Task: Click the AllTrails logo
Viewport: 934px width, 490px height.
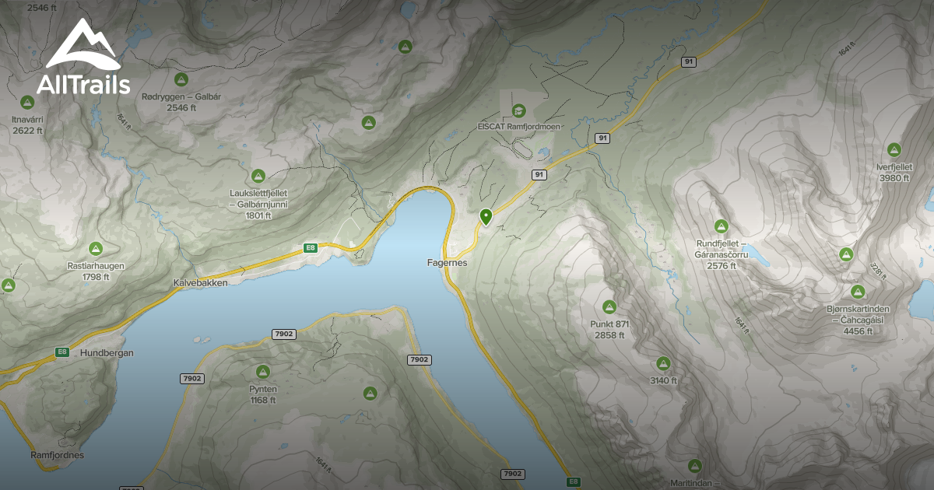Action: pyautogui.click(x=82, y=58)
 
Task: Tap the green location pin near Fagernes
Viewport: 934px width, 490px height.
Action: pyautogui.click(x=486, y=216)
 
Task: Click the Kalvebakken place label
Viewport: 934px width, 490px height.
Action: pyautogui.click(x=201, y=284)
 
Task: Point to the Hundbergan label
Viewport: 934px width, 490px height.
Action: pyautogui.click(x=107, y=352)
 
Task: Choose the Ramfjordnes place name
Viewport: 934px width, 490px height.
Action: pyautogui.click(x=57, y=455)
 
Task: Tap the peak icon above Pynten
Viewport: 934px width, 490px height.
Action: pyautogui.click(x=263, y=372)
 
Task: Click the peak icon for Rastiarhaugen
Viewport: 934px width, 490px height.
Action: pyautogui.click(x=96, y=249)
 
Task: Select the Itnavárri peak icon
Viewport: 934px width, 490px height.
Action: pyautogui.click(x=27, y=102)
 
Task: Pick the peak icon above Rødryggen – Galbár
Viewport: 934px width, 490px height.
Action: pyautogui.click(x=181, y=79)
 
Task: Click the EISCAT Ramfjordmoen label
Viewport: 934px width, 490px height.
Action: pyautogui.click(x=519, y=126)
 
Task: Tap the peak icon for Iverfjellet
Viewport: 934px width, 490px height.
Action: pyautogui.click(x=894, y=149)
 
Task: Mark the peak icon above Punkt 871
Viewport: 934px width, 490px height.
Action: pyautogui.click(x=609, y=307)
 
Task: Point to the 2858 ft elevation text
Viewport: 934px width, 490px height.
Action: pyautogui.click(x=610, y=335)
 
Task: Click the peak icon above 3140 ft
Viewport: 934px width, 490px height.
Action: pyautogui.click(x=663, y=363)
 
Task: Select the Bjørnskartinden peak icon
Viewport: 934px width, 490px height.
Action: pyautogui.click(x=858, y=292)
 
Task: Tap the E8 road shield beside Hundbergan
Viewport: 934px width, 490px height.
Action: pyautogui.click(x=62, y=352)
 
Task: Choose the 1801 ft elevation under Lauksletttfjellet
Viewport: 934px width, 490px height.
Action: pyautogui.click(x=258, y=215)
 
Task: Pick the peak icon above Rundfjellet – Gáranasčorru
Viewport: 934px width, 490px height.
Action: pyautogui.click(x=722, y=226)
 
